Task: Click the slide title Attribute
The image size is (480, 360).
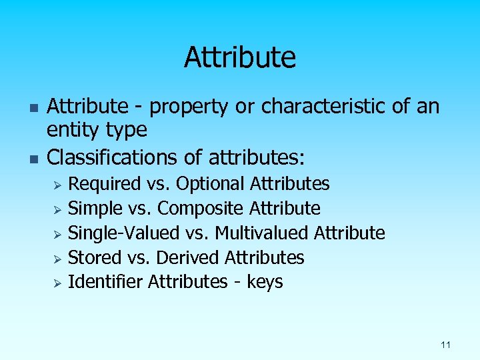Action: (239, 57)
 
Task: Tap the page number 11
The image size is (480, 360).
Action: (445, 345)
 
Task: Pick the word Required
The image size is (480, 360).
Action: (105, 183)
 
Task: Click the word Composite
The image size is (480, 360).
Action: (201, 208)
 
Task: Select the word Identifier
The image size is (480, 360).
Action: (106, 282)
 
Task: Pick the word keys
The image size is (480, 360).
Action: (265, 283)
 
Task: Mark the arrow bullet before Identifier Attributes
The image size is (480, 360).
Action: (58, 283)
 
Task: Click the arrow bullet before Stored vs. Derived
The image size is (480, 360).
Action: (58, 259)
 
